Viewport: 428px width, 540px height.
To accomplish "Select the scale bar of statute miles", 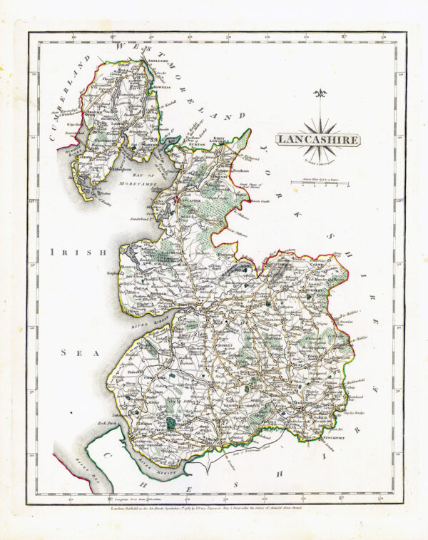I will tap(319, 185).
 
